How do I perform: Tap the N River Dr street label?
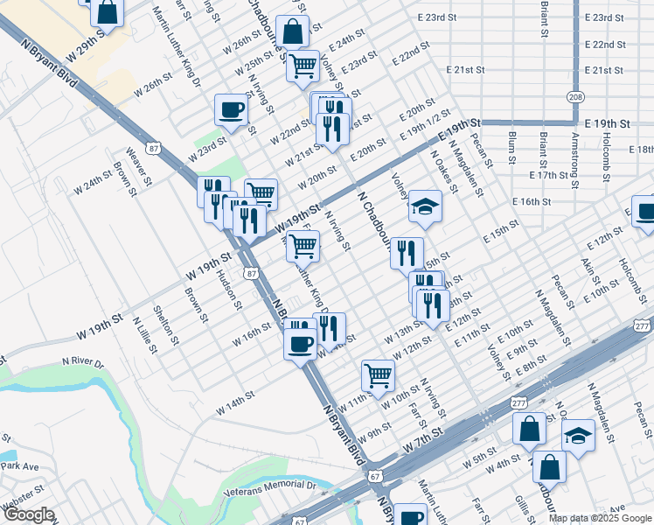click(x=82, y=361)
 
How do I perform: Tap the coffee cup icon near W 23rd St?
click(x=231, y=110)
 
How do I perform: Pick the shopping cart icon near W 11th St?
click(x=378, y=375)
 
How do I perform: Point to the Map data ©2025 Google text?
click(x=600, y=518)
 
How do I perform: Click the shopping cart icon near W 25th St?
click(x=303, y=65)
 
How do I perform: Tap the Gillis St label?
click(x=522, y=507)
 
